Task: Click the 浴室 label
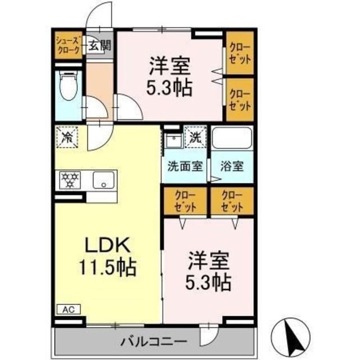coord(231,166)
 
